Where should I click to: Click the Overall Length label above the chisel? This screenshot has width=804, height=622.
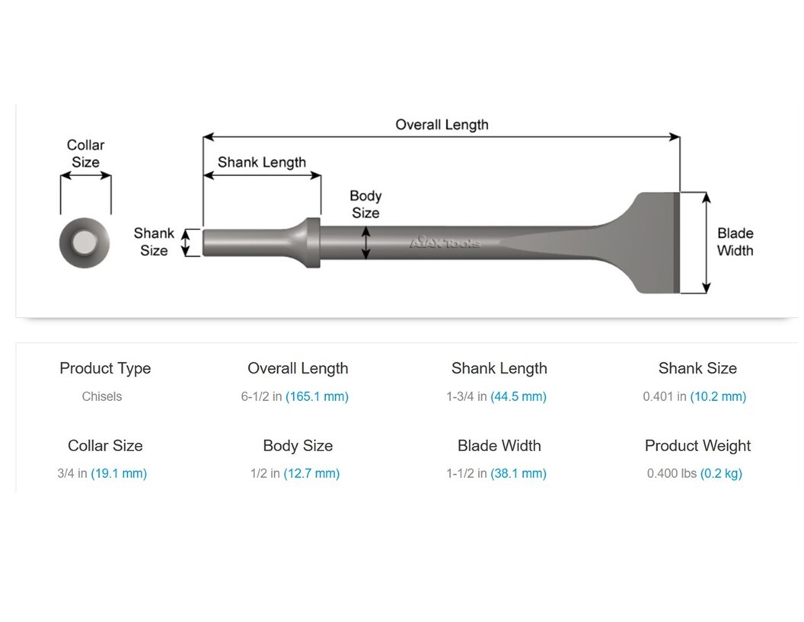pos(442,124)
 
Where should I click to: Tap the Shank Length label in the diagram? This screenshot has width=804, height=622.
pos(261,162)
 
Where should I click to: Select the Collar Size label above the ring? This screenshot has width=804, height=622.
pos(85,153)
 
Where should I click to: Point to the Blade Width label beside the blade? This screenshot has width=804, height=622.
pos(735,242)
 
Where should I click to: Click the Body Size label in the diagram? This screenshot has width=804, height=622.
pos(365,204)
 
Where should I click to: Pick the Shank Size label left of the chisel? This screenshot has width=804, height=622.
pos(154,242)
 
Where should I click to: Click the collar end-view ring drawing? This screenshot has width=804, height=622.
pos(84,242)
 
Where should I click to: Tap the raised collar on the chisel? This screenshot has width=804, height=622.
pos(311,242)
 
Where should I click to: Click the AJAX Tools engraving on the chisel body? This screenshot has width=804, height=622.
pos(445,242)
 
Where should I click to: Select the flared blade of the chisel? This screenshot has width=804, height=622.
pos(647,242)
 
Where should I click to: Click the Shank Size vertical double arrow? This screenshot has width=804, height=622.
pos(184,243)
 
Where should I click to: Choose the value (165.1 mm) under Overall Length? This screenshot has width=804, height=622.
pos(317,396)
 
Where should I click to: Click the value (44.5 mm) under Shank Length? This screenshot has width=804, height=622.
pos(518,396)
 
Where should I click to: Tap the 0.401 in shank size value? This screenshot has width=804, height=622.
pos(664,396)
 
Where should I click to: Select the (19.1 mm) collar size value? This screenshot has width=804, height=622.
pos(119,473)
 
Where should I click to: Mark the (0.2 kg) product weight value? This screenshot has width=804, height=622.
pos(722,473)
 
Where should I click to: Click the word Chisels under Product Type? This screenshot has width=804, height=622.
pos(102,396)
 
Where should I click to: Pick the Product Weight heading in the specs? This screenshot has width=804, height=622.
pos(697,446)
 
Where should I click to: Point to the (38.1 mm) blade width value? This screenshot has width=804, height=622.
pos(518,473)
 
